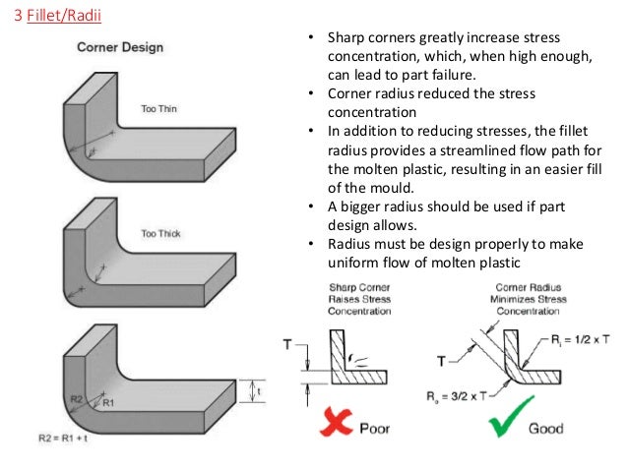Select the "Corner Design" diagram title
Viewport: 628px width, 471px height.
(120, 46)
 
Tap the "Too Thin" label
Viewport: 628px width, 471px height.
(159, 108)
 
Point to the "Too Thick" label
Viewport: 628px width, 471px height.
(161, 233)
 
